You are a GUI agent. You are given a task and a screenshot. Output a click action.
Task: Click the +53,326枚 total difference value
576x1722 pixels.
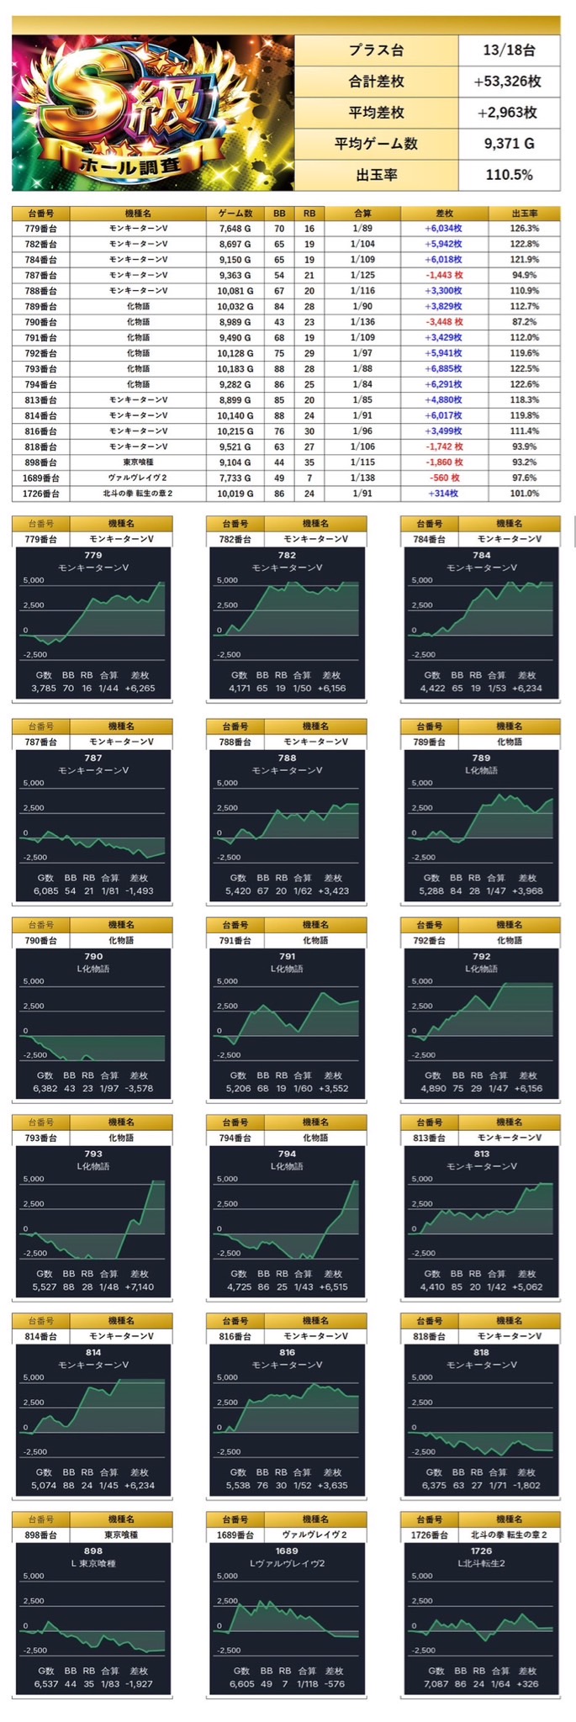point(509,82)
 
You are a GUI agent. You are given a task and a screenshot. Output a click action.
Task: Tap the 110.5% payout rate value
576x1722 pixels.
point(509,175)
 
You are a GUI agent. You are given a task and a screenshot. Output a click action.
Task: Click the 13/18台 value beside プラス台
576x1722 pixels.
point(509,50)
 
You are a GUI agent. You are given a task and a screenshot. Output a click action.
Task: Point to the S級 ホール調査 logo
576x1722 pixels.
point(152,113)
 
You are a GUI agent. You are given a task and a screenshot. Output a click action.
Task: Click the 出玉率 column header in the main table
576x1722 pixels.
point(524,214)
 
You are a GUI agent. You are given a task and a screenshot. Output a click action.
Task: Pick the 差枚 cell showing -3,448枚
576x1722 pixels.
point(444,322)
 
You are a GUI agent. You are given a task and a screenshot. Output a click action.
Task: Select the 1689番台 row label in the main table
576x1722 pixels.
point(40,478)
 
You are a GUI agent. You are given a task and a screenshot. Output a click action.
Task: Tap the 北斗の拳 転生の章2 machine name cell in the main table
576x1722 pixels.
point(138,494)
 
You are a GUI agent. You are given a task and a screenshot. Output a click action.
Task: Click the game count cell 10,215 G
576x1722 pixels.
point(235,431)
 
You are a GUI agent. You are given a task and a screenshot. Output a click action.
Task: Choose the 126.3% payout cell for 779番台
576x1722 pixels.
point(524,229)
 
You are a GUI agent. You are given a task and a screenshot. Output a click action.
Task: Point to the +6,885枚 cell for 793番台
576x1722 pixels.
point(444,368)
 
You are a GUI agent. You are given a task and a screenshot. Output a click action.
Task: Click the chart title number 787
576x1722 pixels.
point(92,758)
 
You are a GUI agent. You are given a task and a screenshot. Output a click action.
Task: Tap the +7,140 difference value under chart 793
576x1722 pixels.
point(140,1287)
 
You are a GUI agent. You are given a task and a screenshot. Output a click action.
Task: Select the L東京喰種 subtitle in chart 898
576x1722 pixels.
point(92,1563)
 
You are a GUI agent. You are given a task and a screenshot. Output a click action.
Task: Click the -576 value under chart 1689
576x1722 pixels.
point(334,1684)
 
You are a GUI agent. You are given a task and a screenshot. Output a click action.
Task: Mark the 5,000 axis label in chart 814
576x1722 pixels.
point(34,1377)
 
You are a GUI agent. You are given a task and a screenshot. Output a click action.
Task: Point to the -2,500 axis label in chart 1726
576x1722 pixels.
point(423,1651)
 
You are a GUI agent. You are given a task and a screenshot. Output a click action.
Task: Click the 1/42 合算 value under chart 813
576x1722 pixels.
point(496,1287)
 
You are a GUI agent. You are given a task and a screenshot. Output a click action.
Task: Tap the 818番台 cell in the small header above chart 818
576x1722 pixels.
point(429,1336)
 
